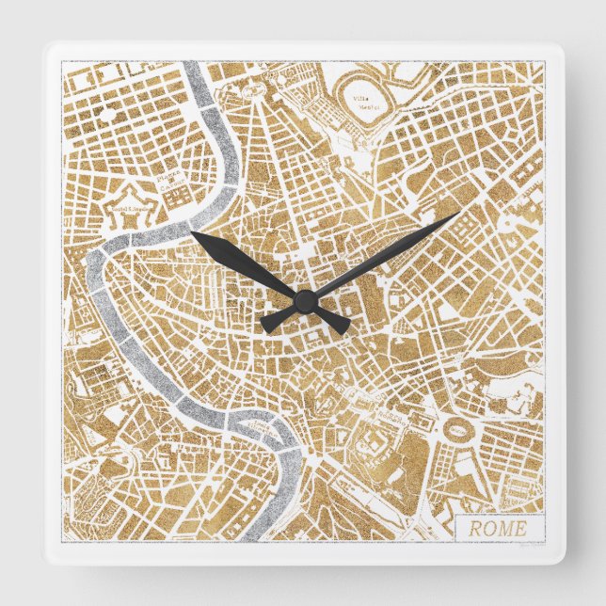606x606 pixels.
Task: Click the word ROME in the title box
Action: pos(498,528)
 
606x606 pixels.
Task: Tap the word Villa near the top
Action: pos(359,97)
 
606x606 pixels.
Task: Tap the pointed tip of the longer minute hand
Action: pos(458,214)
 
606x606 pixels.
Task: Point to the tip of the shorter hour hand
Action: pos(193,232)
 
